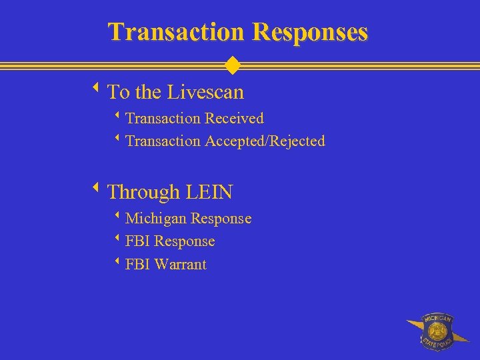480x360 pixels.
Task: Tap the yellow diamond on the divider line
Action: [232, 65]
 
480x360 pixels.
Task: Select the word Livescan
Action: [205, 91]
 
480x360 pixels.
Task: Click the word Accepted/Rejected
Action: [265, 141]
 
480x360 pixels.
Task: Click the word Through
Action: [143, 193]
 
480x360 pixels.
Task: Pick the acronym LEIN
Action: [209, 193]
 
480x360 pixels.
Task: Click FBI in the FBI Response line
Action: [137, 241]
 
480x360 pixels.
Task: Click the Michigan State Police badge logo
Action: [437, 331]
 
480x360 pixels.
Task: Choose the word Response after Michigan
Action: [221, 219]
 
